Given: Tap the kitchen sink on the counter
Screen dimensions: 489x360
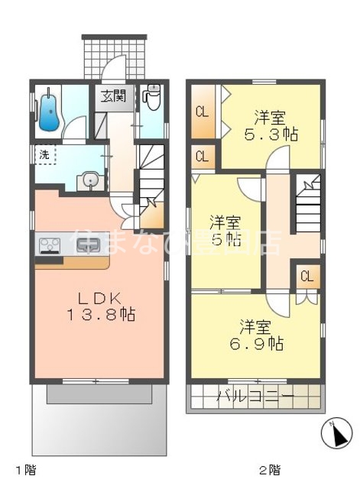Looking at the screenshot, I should click(x=88, y=246).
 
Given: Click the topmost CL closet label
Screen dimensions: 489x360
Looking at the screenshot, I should click(x=202, y=113).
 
